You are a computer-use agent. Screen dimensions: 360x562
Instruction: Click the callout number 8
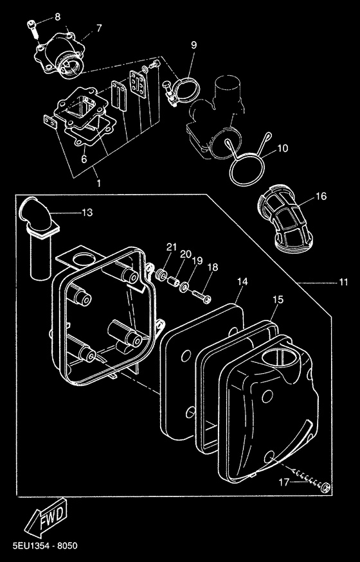57,17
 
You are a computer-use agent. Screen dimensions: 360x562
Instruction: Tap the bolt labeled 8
32,29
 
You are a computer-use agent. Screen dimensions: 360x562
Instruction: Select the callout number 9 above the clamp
194,45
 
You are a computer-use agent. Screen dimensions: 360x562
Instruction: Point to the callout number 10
283,148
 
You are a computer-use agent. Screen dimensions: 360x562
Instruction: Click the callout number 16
321,196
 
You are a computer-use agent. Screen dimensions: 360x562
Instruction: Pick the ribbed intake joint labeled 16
285,217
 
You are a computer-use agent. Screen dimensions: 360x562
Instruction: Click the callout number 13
87,212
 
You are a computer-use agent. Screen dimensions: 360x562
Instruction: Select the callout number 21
172,247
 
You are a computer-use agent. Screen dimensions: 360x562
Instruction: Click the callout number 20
185,254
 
